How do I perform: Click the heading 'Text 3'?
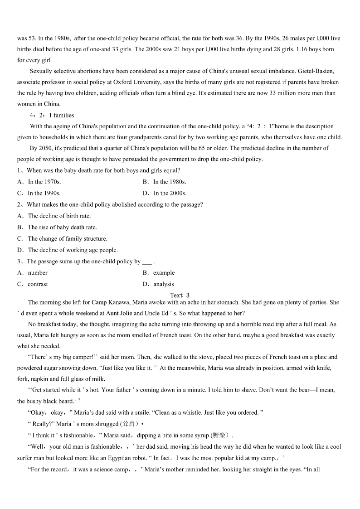click(180, 296)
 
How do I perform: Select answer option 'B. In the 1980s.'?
click(164, 182)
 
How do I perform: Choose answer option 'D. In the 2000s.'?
click(164, 193)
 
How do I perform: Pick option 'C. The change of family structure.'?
click(63, 238)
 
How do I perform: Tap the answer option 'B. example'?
click(158, 273)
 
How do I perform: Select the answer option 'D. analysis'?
click(158, 284)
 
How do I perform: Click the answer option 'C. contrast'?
click(33, 284)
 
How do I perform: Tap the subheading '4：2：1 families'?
click(52, 115)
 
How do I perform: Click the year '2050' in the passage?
click(45, 148)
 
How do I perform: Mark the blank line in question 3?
click(147, 262)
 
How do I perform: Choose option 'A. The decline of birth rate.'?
click(54, 216)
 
